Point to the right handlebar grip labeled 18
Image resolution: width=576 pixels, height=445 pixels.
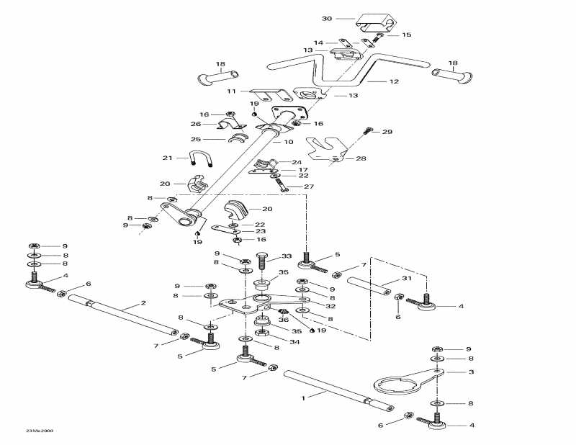point(451,73)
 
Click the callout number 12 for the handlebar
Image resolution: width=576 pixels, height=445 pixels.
point(394,82)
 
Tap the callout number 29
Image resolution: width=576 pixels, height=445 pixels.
point(387,132)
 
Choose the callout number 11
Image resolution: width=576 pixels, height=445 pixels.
point(231,91)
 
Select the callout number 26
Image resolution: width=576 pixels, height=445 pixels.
point(194,123)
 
